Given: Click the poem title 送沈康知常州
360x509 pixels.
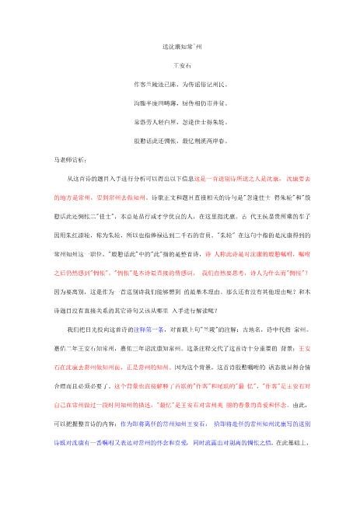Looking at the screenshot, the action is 180,48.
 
